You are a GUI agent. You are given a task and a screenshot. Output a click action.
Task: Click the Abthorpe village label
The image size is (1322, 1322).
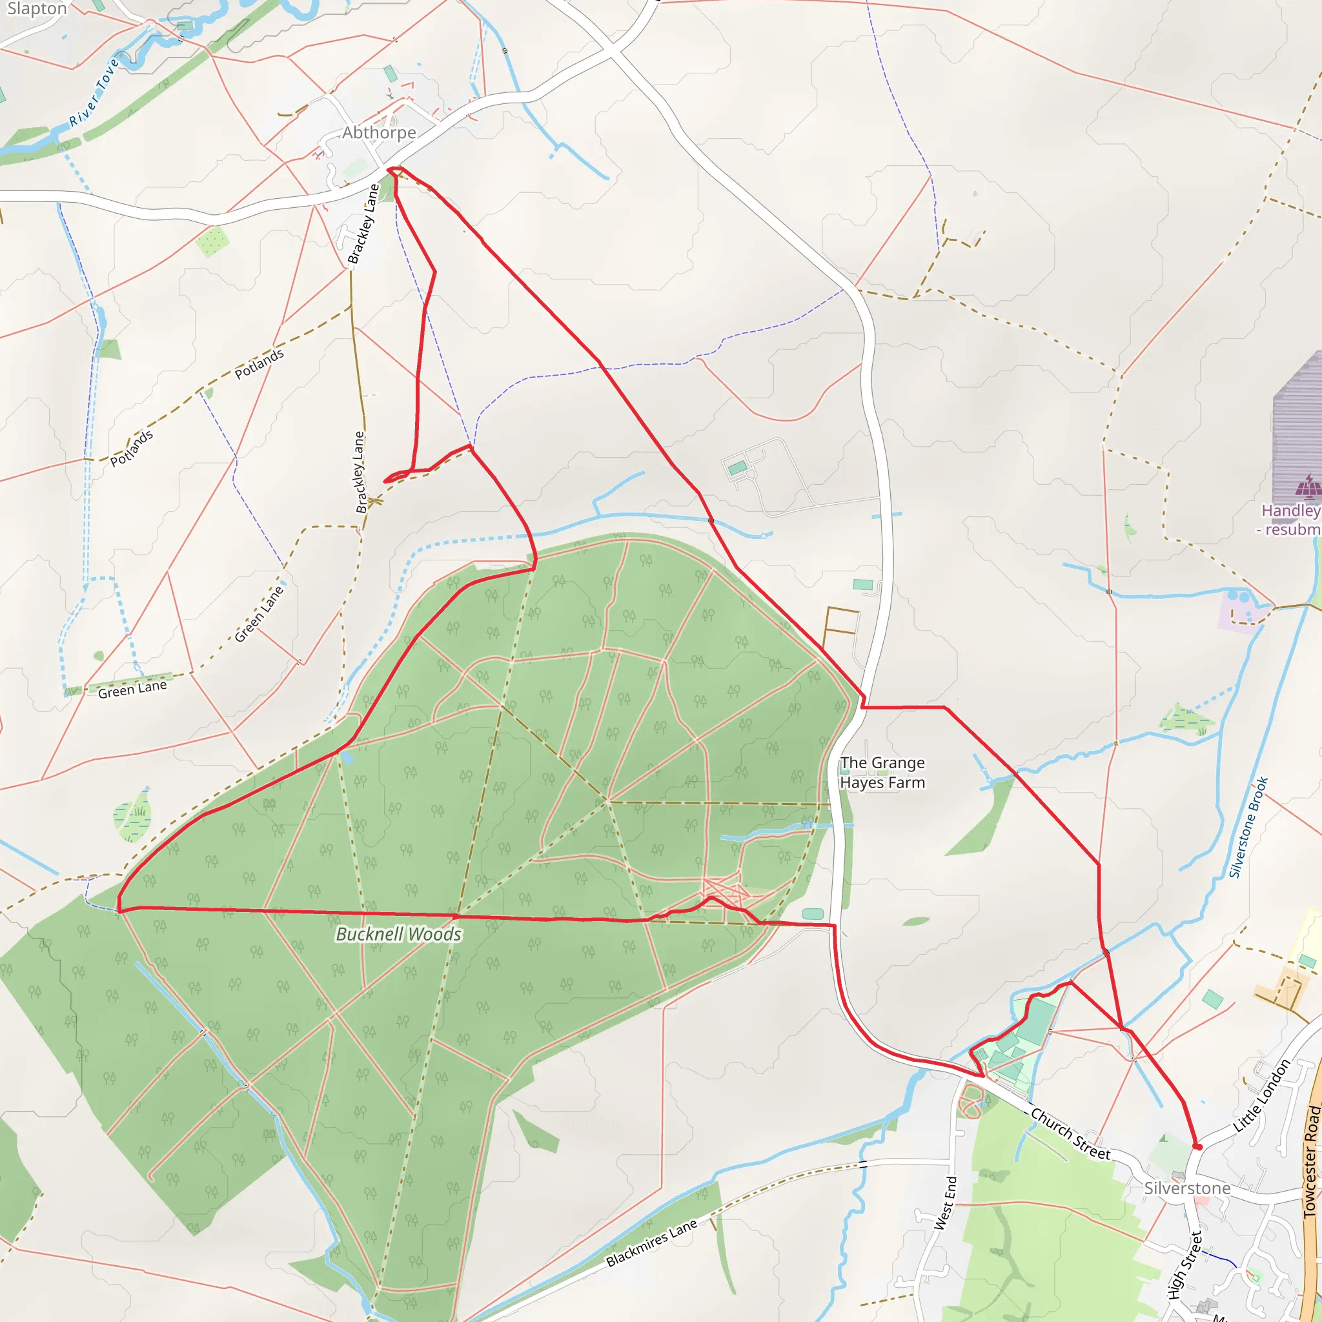point(378,132)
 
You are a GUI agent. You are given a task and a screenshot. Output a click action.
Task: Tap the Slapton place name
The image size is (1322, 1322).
point(36,9)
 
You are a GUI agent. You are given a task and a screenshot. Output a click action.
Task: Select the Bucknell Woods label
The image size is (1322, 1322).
point(398,934)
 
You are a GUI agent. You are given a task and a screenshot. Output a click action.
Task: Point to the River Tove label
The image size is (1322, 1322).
point(94,92)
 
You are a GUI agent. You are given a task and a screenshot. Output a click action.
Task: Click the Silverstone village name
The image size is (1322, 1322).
point(1187,1188)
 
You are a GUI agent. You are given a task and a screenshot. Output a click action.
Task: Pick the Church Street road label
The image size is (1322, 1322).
point(1070,1134)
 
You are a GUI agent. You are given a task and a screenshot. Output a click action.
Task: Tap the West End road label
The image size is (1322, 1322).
point(946,1202)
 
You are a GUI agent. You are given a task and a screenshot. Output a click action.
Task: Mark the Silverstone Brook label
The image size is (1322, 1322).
point(1249,828)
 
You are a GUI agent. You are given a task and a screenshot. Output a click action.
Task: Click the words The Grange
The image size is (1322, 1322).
point(882,762)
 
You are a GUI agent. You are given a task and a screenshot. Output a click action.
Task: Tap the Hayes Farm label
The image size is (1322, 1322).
point(882,782)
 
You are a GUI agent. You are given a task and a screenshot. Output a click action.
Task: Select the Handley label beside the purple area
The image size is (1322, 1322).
point(1290,511)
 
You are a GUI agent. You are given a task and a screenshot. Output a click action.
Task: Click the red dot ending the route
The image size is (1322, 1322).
point(1197,1147)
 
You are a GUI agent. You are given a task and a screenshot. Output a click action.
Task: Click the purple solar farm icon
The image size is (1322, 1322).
point(1308,487)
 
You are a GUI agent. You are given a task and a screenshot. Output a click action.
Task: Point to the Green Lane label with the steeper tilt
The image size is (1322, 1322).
point(259,614)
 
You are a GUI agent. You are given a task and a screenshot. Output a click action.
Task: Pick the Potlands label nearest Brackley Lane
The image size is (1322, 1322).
point(259,363)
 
